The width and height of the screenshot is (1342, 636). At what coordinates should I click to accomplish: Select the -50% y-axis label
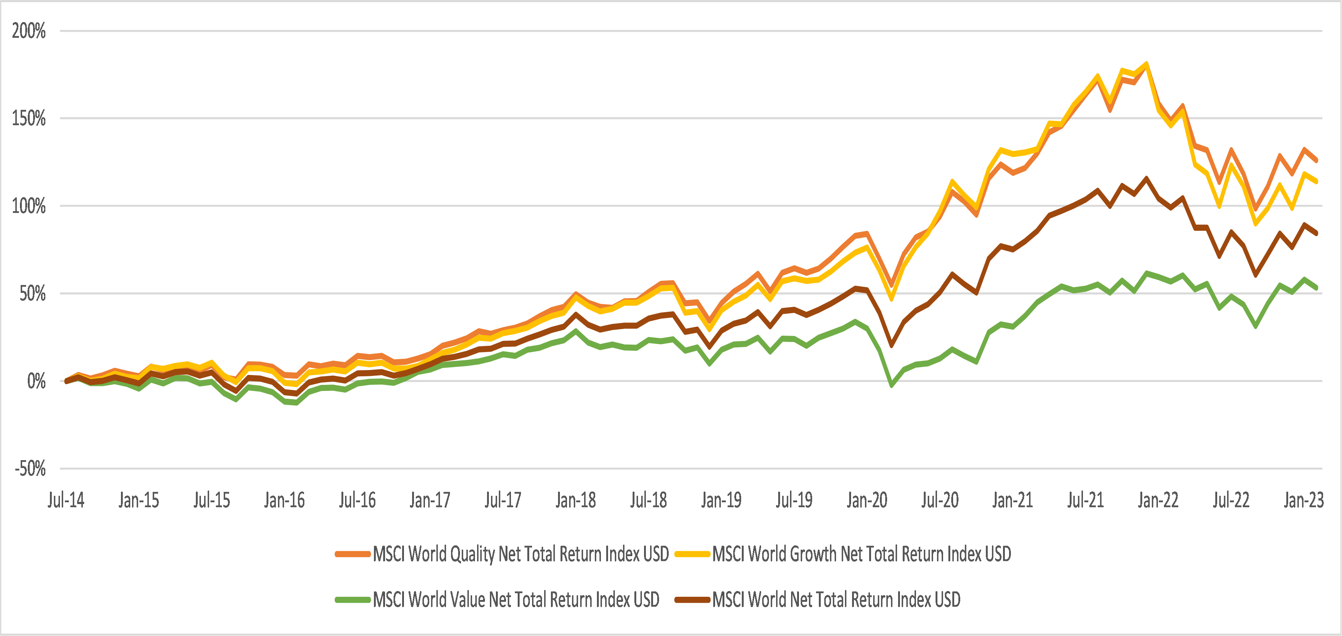tap(30, 469)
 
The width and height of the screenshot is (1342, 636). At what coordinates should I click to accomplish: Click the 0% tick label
tap(36, 381)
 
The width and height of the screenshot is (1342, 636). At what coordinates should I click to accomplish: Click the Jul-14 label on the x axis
tap(66, 500)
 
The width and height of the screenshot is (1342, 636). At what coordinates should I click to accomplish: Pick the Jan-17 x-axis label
tap(430, 500)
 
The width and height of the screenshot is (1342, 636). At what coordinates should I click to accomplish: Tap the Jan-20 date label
tap(867, 500)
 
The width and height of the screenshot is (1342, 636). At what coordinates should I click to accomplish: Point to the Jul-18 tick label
tap(648, 500)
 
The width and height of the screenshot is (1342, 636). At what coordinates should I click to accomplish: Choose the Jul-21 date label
tap(1085, 500)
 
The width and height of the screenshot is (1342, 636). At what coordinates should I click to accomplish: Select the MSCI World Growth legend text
tap(861, 554)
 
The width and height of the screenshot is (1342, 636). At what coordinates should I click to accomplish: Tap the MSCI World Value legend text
tap(516, 600)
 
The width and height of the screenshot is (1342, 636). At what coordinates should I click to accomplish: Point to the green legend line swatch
tap(353, 600)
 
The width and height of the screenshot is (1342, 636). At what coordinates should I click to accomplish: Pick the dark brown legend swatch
tap(692, 600)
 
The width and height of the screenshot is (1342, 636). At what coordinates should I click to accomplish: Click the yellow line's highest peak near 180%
tap(1146, 64)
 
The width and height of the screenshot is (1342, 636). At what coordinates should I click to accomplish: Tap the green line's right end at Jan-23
tap(1316, 288)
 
